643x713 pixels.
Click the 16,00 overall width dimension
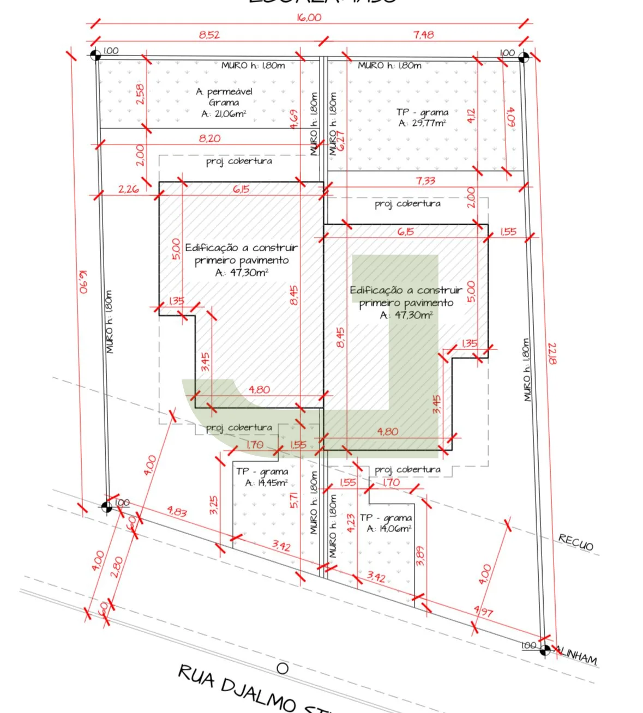click(x=309, y=17)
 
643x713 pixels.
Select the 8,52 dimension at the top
click(x=209, y=35)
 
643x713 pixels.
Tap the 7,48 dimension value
click(x=423, y=35)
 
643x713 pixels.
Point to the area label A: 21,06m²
click(x=224, y=114)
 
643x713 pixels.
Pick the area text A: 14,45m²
click(x=266, y=483)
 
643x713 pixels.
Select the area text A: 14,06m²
click(x=389, y=529)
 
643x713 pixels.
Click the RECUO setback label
click(x=575, y=542)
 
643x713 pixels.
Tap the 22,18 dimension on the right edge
click(x=552, y=354)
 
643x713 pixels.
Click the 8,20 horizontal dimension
click(x=209, y=138)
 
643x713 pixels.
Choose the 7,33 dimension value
click(x=425, y=180)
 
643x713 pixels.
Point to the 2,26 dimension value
click(x=128, y=190)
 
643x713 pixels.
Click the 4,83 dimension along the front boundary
click(x=177, y=512)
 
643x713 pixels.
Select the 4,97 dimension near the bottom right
click(x=483, y=612)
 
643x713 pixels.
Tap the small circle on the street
click(x=282, y=668)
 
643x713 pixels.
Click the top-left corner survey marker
click(x=95, y=55)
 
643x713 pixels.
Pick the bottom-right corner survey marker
click(x=544, y=649)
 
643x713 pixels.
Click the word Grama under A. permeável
click(x=224, y=102)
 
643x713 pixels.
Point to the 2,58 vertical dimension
click(x=140, y=94)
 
